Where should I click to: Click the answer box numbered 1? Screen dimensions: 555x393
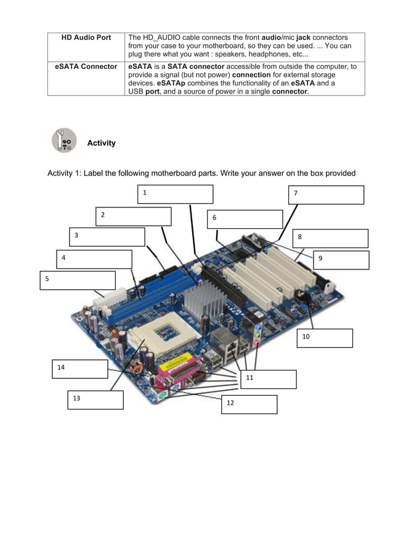(175, 194)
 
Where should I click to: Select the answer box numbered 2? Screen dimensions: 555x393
(133, 216)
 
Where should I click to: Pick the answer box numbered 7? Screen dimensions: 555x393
(326, 194)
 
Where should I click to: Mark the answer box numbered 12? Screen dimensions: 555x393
(249, 404)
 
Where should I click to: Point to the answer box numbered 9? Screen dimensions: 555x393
(341, 260)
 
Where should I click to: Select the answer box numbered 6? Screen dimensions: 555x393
(245, 219)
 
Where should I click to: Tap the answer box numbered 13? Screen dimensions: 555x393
(95, 399)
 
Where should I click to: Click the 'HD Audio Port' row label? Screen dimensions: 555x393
(86, 38)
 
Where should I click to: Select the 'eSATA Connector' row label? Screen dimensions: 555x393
(86, 66)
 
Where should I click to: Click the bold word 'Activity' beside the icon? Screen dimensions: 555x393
(101, 143)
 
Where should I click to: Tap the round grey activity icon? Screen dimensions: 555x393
(64, 141)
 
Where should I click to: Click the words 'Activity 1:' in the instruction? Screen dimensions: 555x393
(64, 173)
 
